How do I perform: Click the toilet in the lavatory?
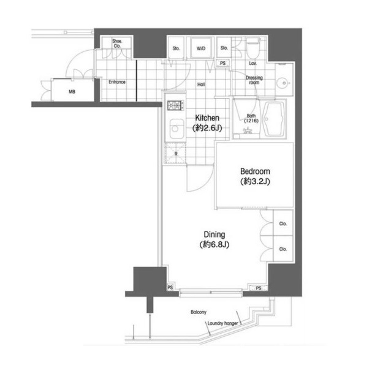pos(253,48)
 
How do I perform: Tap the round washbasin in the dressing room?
pos(284,83)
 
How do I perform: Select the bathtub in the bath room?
pos(273,119)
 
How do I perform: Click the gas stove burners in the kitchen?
pos(175,105)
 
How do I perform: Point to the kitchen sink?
pos(177,129)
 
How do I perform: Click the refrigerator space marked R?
pos(175,153)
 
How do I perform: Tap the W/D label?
pos(201,48)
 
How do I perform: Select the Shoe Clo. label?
pos(117,43)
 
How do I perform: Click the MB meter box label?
pos(72,91)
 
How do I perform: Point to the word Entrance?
pos(117,82)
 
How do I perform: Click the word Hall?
pos(201,84)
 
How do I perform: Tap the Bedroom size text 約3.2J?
pos(256,182)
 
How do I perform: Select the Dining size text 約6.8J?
pos(214,244)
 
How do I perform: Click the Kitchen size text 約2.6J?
pos(207,128)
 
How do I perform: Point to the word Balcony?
pos(199,312)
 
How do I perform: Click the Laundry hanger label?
pos(222,323)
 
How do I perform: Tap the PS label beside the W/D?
pos(222,63)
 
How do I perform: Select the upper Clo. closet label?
pos(283,223)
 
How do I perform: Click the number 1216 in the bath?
pos(251,121)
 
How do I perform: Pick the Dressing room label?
pos(254,80)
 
